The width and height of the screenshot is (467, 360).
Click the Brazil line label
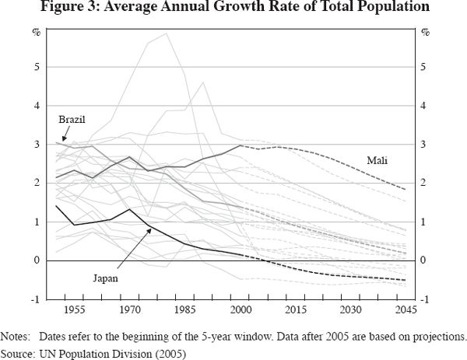point(72,120)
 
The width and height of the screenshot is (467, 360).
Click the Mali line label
point(378,161)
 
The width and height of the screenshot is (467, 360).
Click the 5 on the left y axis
point(36,67)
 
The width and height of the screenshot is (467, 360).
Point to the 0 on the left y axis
point(36,260)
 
